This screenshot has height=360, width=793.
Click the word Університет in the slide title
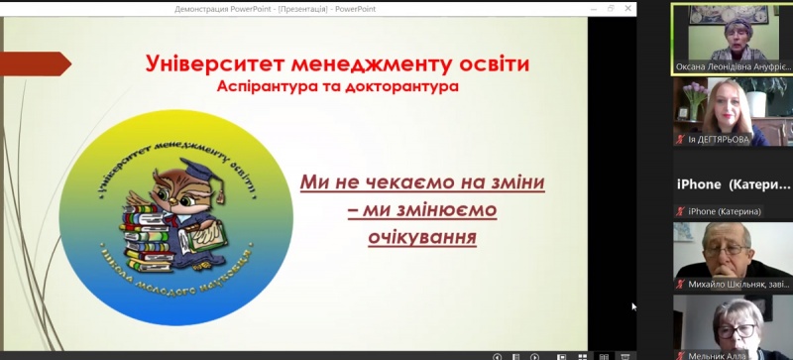tap(203, 64)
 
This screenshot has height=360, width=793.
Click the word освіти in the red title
tap(487, 64)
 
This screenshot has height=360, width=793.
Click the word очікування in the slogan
tap(422, 238)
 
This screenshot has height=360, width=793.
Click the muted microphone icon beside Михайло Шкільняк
tap(680, 285)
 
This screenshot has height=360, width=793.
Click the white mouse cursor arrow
tap(634, 306)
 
